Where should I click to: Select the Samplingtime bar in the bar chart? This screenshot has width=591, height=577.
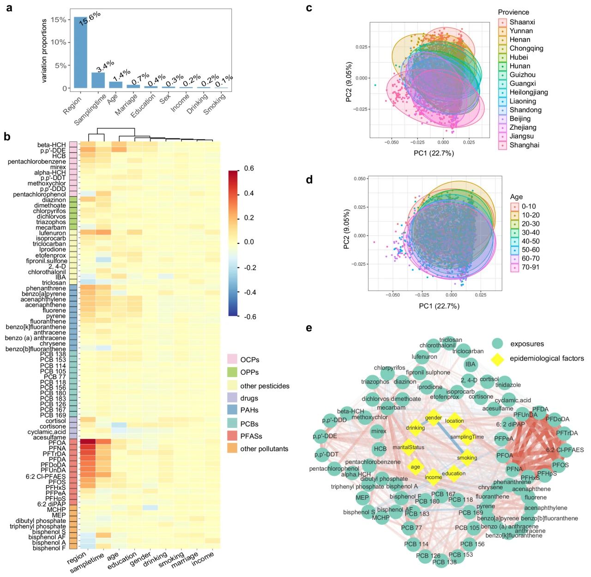(x=98, y=80)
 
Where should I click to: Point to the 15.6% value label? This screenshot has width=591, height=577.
(x=89, y=18)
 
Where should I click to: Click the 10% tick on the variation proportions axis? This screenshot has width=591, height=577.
(x=58, y=43)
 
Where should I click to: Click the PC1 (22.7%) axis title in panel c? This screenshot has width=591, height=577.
(x=434, y=153)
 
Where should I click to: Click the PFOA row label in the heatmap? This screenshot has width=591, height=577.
(x=57, y=443)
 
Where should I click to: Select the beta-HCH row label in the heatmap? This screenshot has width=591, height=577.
(x=51, y=145)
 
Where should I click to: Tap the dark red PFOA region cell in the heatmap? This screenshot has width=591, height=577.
(x=88, y=443)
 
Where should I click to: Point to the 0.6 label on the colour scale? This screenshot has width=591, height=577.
(x=249, y=169)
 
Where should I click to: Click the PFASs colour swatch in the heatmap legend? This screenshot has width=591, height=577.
(x=232, y=436)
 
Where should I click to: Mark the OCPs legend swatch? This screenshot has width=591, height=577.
(x=232, y=359)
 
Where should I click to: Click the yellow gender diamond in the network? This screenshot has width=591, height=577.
(x=434, y=418)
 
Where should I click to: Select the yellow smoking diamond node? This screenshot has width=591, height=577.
(x=467, y=457)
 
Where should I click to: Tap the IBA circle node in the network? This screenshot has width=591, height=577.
(x=470, y=364)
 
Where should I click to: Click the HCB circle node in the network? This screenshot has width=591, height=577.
(x=380, y=449)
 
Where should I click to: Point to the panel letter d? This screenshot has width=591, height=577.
(x=309, y=180)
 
